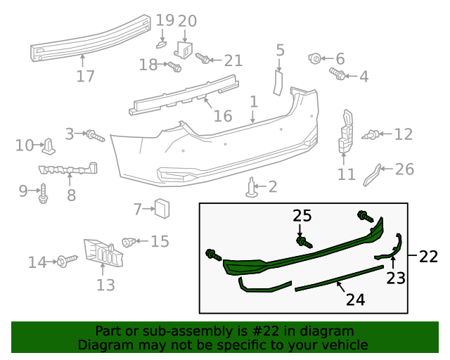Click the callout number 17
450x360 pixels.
[x=85, y=75]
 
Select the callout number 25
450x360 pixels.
[x=302, y=216]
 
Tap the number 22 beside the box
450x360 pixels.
[x=428, y=257]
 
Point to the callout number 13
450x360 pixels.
[x=105, y=285]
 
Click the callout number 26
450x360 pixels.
[x=404, y=169]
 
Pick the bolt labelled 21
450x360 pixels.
[x=202, y=58]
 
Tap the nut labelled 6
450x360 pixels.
[x=316, y=58]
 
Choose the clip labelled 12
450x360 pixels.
[x=374, y=133]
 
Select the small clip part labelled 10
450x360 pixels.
[x=49, y=146]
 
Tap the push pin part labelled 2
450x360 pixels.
[x=252, y=186]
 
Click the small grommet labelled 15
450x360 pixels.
[x=129, y=242]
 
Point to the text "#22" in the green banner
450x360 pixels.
[x=264, y=331]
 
